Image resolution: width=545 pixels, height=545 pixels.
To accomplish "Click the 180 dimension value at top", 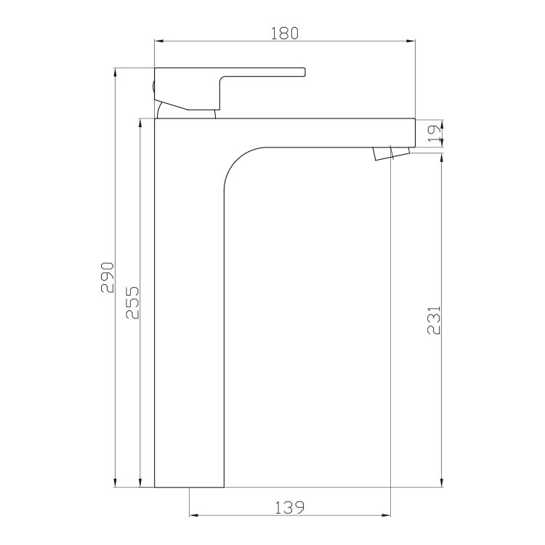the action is (284, 33).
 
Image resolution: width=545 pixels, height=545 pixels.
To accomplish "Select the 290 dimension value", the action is (108, 278).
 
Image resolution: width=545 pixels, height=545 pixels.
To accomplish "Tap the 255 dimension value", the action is (132, 302).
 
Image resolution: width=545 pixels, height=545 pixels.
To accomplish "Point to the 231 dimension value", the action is (434, 320).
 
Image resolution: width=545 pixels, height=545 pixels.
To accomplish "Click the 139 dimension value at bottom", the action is (289, 508).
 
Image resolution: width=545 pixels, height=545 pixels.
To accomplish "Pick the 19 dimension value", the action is (435, 134).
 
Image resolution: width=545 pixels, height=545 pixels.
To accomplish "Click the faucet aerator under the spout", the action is (392, 153).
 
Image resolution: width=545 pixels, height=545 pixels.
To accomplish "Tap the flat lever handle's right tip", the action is (304, 72).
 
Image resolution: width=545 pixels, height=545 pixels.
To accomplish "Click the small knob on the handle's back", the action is (153, 86).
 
